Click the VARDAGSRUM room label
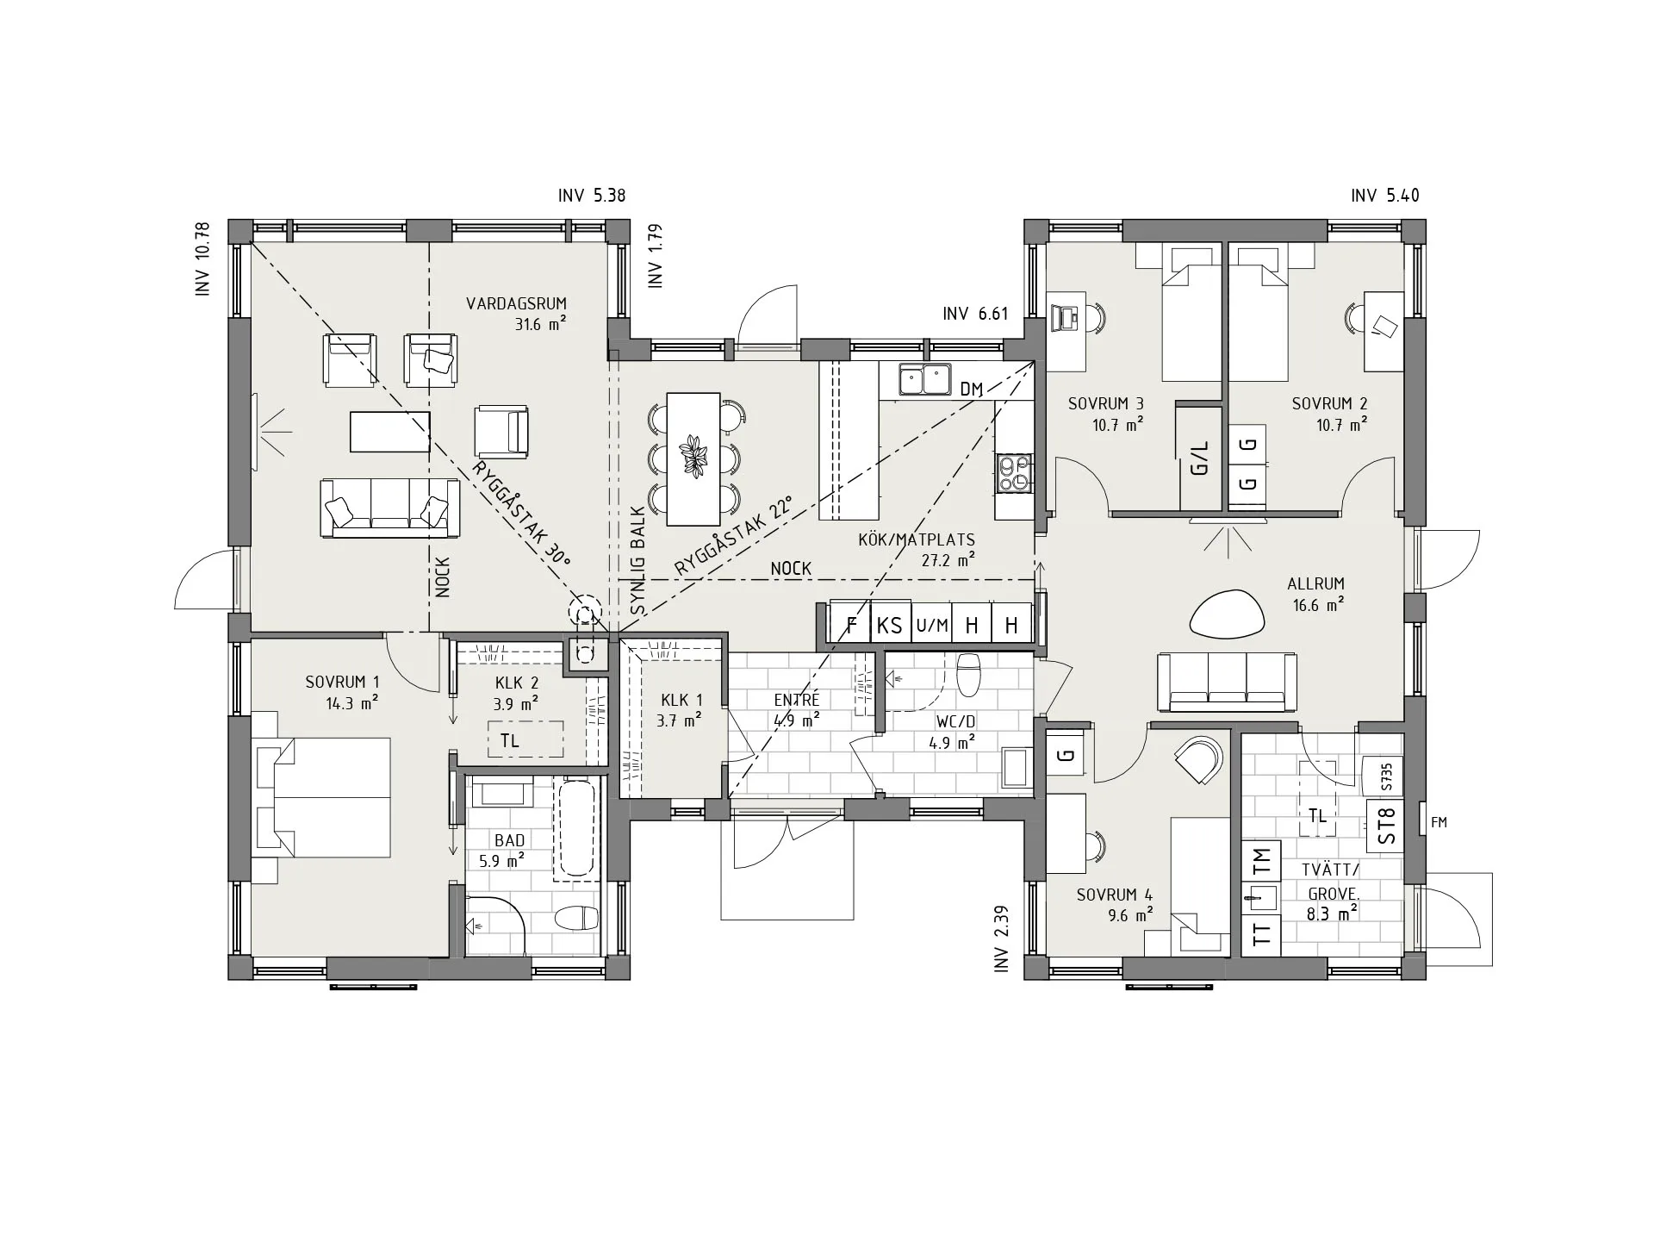tap(516, 303)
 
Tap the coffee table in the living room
tap(389, 431)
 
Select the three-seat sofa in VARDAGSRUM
tap(389, 508)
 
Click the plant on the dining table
tap(693, 456)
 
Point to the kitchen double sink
tap(924, 379)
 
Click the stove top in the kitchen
tap(1014, 474)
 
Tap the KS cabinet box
tap(889, 625)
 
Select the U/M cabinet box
tap(931, 625)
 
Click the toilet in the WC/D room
tap(969, 674)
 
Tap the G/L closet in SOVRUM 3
tap(1200, 457)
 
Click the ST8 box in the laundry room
tap(1386, 826)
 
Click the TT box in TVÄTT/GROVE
tap(1261, 934)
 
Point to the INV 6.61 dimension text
tap(975, 314)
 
